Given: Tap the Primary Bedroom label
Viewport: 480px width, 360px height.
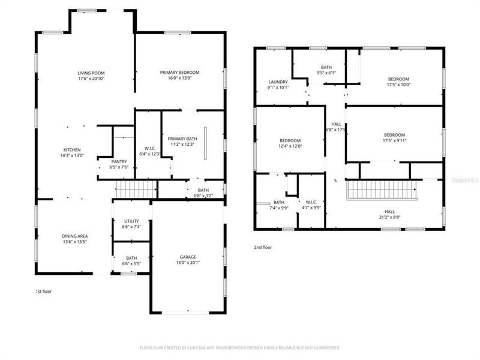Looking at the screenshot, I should [179, 73].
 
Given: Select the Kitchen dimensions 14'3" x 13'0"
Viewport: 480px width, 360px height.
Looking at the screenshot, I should [73, 155].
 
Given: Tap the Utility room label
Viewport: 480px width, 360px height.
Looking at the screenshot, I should [131, 221].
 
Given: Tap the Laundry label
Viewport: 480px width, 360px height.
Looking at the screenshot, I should [278, 82].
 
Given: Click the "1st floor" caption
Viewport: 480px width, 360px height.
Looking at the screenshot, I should [43, 292].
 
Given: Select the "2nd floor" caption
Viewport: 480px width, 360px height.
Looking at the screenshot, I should [263, 247].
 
